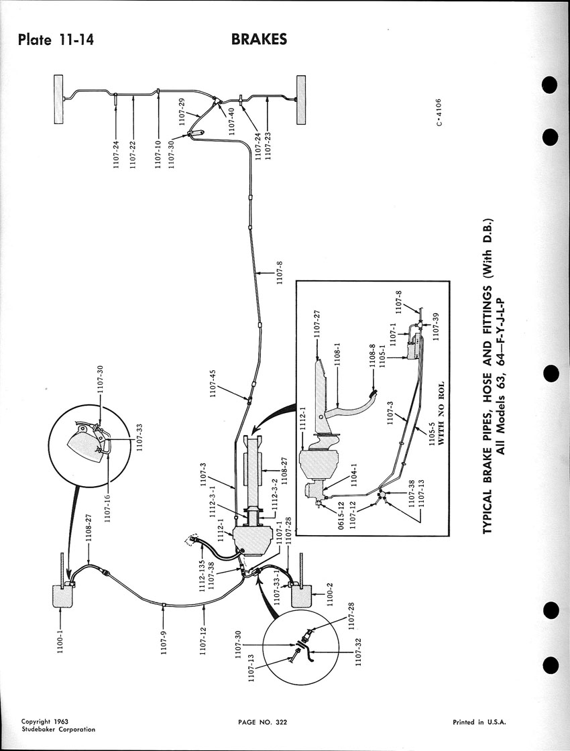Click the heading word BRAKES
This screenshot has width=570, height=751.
pyautogui.click(x=259, y=40)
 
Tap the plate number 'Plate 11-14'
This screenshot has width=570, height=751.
pyautogui.click(x=56, y=40)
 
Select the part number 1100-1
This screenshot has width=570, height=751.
pyautogui.click(x=61, y=649)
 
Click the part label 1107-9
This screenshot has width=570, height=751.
pyautogui.click(x=163, y=644)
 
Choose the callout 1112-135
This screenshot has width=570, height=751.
pyautogui.click(x=201, y=555)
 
